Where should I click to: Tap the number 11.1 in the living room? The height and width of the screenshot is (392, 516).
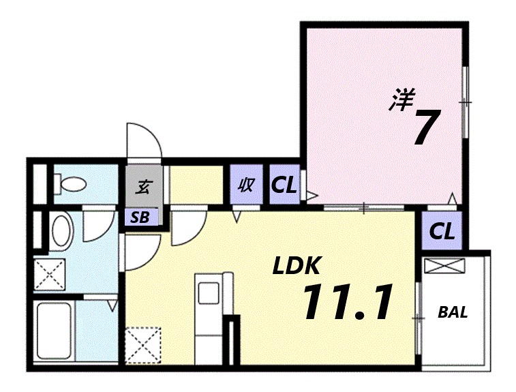tap(348, 302)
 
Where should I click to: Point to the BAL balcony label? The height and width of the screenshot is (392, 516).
tap(453, 313)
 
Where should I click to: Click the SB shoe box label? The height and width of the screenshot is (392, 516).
tap(140, 218)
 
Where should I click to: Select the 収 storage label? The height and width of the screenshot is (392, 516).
tap(245, 185)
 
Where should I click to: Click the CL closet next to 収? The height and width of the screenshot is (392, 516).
tap(284, 185)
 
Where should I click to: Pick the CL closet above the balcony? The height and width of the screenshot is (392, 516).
tap(442, 231)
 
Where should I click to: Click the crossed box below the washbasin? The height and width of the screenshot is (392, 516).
tap(50, 275)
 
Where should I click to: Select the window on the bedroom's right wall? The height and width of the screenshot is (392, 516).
tap(465, 102)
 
